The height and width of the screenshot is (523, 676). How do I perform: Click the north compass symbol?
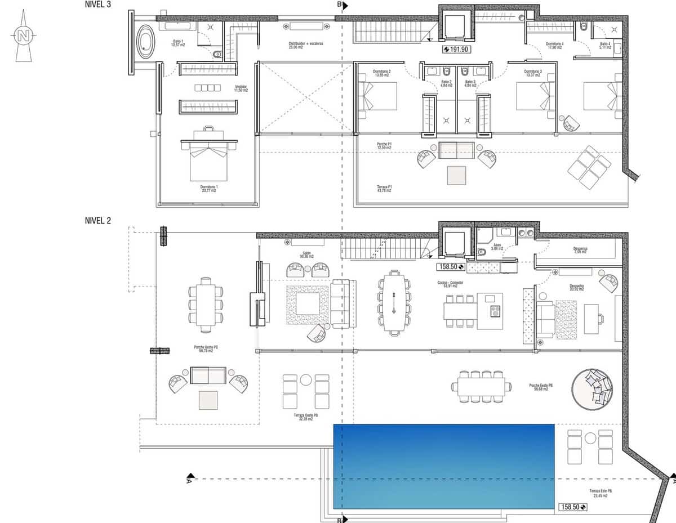[x=23, y=37]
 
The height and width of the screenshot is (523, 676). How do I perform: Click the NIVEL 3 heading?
[x=98, y=5]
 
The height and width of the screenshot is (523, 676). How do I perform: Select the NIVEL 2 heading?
[x=98, y=221]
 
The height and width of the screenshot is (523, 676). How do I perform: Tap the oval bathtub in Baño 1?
[x=146, y=41]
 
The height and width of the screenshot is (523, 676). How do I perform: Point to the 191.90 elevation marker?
[x=456, y=49]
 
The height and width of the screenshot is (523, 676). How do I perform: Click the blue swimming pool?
[x=443, y=466]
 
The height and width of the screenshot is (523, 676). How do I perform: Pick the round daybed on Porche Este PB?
[x=592, y=388]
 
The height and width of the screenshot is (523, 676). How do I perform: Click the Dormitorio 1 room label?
[x=208, y=189]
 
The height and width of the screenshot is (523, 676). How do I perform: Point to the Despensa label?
[x=580, y=250]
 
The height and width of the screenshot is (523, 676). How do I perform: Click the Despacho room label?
[x=575, y=287]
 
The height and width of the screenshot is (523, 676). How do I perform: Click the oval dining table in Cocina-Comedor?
[x=394, y=303]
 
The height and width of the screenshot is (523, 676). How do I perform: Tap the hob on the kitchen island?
[x=495, y=311]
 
